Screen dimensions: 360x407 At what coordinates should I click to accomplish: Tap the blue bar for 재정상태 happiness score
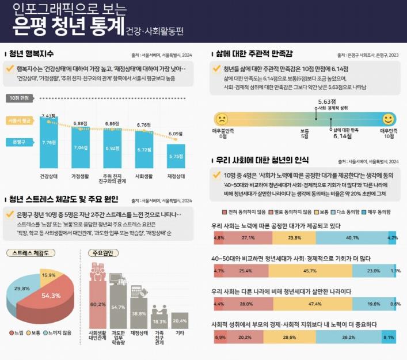pyautogui.click(x=176, y=156)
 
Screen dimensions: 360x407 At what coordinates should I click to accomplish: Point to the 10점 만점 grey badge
pyautogui.click(x=20, y=98)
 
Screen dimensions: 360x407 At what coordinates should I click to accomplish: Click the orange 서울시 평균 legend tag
pyautogui.click(x=19, y=121)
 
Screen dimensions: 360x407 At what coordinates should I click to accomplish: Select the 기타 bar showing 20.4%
pyautogui.click(x=180, y=320)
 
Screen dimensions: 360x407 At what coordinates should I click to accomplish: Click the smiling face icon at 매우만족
pyautogui.click(x=389, y=119)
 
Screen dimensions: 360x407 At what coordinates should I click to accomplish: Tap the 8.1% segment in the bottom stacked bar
pyautogui.click(x=388, y=338)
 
